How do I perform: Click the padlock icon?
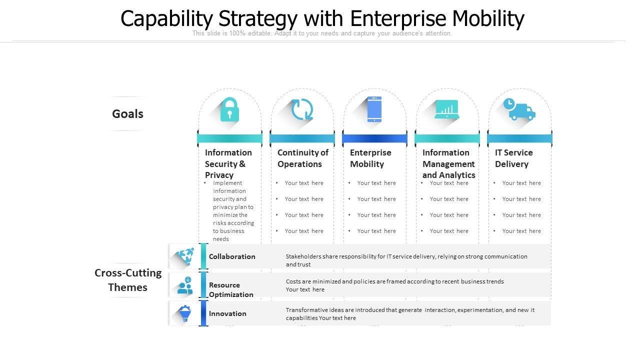coord(229,109)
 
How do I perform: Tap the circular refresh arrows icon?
coord(302,109)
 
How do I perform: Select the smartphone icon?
coord(374,109)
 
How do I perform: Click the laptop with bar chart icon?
coord(447,109)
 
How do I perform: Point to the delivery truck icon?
coord(519,109)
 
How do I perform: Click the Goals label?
coord(127,114)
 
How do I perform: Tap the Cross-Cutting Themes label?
coord(128,280)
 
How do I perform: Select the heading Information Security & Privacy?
coord(228,163)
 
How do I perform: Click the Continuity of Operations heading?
coord(302,158)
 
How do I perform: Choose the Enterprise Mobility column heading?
coord(370,158)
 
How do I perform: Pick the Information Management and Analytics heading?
coord(448,163)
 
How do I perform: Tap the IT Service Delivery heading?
coord(514,158)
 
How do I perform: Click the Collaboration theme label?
coord(232,256)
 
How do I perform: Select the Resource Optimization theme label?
coord(231,289)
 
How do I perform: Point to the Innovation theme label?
coord(227,313)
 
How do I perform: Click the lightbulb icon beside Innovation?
coord(185,313)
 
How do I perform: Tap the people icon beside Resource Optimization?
coord(185,285)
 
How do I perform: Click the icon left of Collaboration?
coord(185,256)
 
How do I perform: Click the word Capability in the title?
coord(166,19)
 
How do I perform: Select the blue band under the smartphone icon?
coord(374,138)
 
